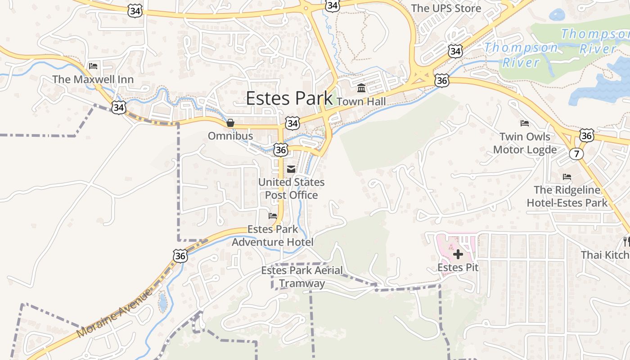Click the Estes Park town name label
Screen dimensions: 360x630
click(289, 99)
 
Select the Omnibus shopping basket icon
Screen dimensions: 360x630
click(230, 123)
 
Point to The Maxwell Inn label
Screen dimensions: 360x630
click(93, 80)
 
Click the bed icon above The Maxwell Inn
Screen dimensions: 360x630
click(93, 66)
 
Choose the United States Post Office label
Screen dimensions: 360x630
click(291, 189)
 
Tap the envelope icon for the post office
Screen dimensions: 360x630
click(291, 169)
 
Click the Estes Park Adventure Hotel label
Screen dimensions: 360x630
click(272, 235)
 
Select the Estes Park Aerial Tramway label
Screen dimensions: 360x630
click(302, 277)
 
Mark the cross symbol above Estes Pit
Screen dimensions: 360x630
click(458, 255)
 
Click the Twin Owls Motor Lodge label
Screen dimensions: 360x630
click(525, 143)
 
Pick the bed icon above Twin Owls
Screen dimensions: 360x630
click(524, 123)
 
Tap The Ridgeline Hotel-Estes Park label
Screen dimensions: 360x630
click(567, 196)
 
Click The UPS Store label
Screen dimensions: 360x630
click(446, 8)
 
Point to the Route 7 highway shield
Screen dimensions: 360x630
click(576, 154)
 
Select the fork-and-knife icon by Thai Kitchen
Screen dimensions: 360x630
click(626, 242)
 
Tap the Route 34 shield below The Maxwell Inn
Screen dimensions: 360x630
click(119, 108)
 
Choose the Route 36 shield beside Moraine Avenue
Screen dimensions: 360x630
click(180, 256)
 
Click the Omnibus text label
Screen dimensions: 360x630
click(230, 136)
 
